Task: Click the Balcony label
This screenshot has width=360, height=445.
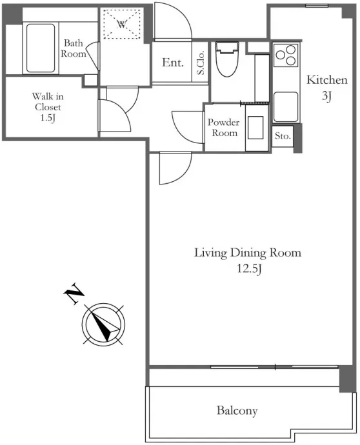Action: coord(237,411)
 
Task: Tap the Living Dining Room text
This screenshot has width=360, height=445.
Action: coord(248,253)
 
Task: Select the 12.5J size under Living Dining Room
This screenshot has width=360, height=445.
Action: coord(249,268)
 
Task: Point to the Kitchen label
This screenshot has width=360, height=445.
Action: coord(327,80)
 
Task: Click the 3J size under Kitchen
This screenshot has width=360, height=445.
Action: coord(327,96)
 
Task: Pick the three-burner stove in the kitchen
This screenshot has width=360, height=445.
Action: coord(286,55)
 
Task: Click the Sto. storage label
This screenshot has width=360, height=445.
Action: coord(283,136)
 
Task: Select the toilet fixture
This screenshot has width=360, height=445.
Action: coord(227,59)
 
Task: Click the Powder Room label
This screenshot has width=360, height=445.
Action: coord(224,128)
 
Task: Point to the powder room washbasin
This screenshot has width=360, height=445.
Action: coord(255,128)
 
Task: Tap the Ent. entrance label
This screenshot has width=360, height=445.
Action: coord(173,63)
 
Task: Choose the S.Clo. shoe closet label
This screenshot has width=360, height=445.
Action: coord(201,63)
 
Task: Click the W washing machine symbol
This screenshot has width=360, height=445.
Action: coord(122,25)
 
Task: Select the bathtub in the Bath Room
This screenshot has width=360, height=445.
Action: coord(41,48)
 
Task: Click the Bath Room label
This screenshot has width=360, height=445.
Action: coord(74,48)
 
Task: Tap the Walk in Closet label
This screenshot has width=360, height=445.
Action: coord(48,102)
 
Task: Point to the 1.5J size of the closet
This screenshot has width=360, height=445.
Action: coord(47,117)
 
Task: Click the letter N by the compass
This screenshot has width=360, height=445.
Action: coord(74,293)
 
